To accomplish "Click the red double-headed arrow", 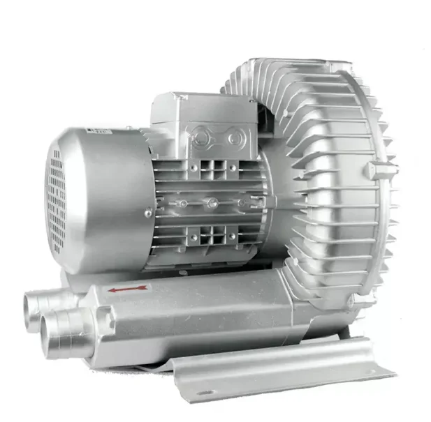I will coord(128,288).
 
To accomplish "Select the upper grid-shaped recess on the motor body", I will coord(212,171).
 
